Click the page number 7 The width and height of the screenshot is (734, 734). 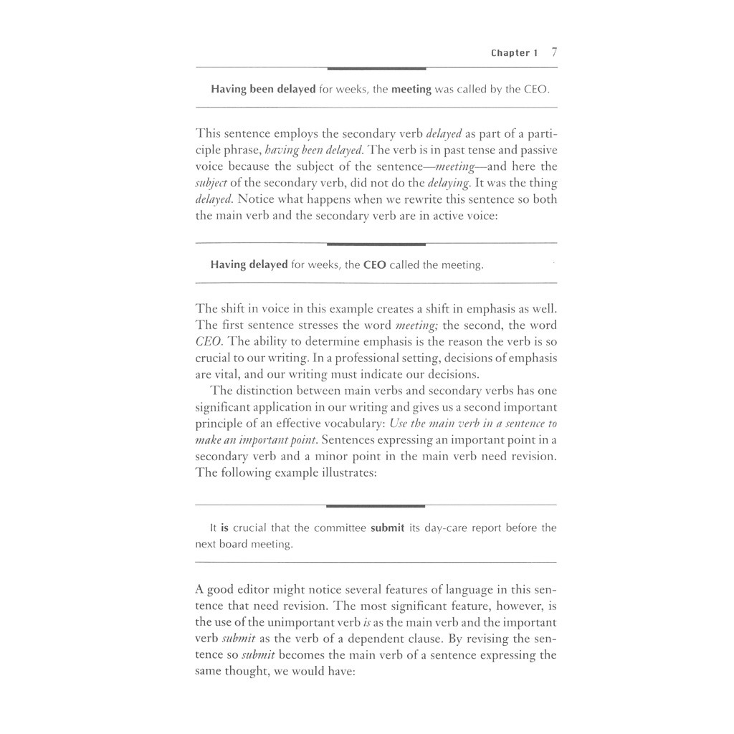pos(554,52)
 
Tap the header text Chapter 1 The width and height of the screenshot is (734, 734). pos(514,53)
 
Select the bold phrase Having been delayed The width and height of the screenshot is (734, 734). pos(263,90)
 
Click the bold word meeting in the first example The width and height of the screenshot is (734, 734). pos(410,90)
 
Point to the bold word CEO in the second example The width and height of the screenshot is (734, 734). pos(375,265)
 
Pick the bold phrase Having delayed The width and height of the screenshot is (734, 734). pos(249,265)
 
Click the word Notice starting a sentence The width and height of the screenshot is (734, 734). pos(254,199)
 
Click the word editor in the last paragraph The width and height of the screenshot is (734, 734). pos(250,590)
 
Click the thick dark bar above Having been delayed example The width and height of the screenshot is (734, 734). pos(376,69)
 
